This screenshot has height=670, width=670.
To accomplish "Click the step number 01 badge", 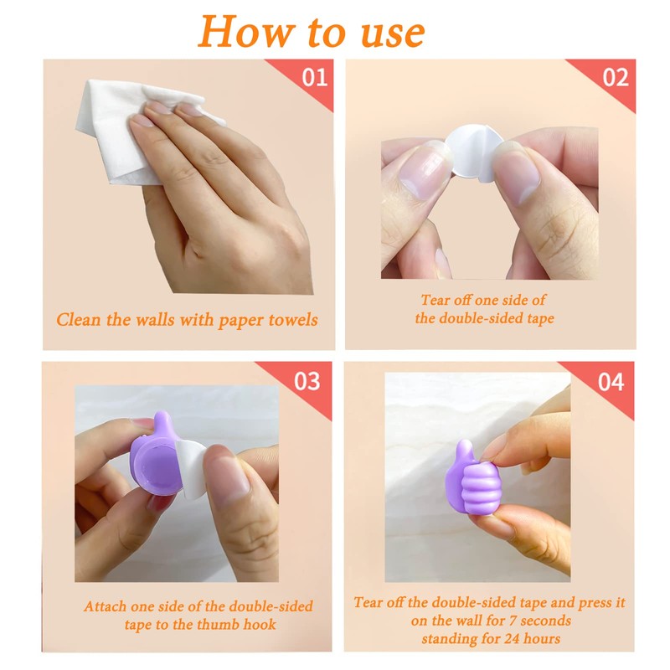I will (x=314, y=78).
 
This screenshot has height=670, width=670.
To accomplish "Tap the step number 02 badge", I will (x=616, y=78).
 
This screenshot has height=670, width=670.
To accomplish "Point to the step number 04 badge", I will (x=611, y=381).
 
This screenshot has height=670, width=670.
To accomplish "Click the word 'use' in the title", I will (x=389, y=33).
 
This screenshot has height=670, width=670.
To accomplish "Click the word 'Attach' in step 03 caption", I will (x=106, y=606).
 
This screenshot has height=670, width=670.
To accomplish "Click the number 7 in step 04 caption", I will (x=497, y=621).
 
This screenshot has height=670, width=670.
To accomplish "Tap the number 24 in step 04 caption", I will (x=521, y=639).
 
